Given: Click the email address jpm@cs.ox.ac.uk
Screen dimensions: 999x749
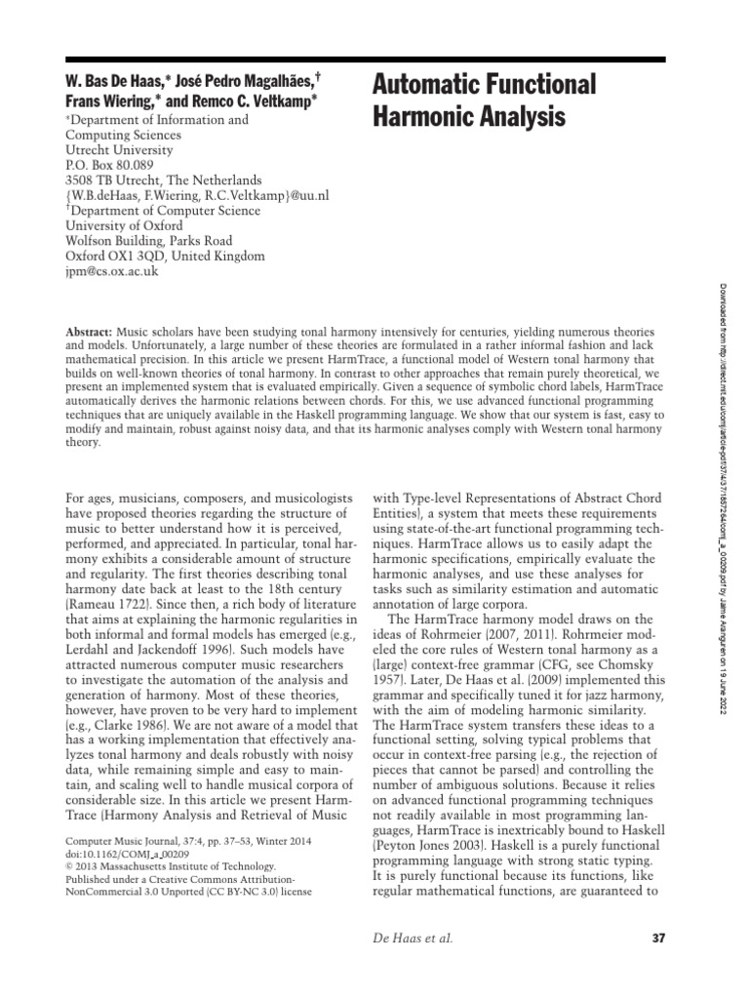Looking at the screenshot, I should (111, 271).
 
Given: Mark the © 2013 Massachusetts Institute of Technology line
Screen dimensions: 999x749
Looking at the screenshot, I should (171, 865).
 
